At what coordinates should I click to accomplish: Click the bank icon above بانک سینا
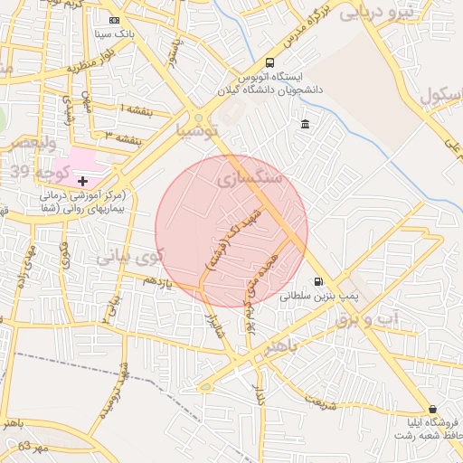[x=113, y=20]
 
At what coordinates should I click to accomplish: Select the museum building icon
[x=305, y=123]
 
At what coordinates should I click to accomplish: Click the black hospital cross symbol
[x=83, y=181]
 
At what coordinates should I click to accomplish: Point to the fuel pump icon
[x=317, y=281]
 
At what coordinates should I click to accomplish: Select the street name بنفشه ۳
[x=124, y=139]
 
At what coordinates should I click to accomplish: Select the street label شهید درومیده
[x=124, y=390]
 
